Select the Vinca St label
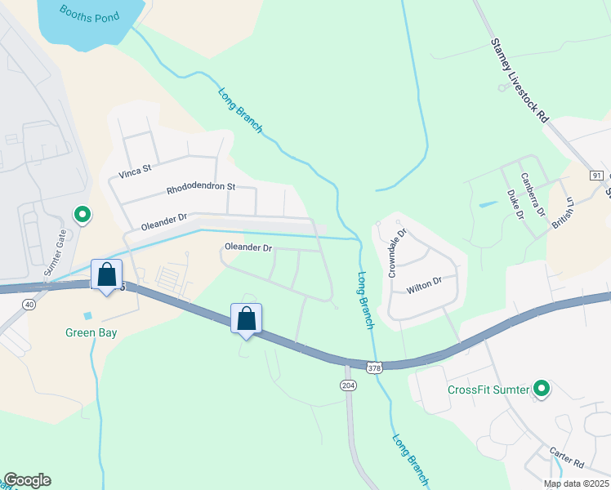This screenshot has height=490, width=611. [x=136, y=171]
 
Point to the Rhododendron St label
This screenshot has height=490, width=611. [x=201, y=187]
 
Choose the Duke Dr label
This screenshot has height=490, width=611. [x=515, y=205]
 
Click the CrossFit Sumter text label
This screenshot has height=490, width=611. [x=488, y=389]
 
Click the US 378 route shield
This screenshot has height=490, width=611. [x=374, y=367]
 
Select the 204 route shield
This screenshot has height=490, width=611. [x=347, y=385]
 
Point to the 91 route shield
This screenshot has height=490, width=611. [x=596, y=176]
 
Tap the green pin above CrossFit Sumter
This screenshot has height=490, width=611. [x=541, y=389]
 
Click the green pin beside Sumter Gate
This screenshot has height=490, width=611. [x=83, y=215]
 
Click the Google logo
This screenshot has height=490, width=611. [x=27, y=480]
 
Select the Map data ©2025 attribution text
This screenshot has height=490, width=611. [x=575, y=483]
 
